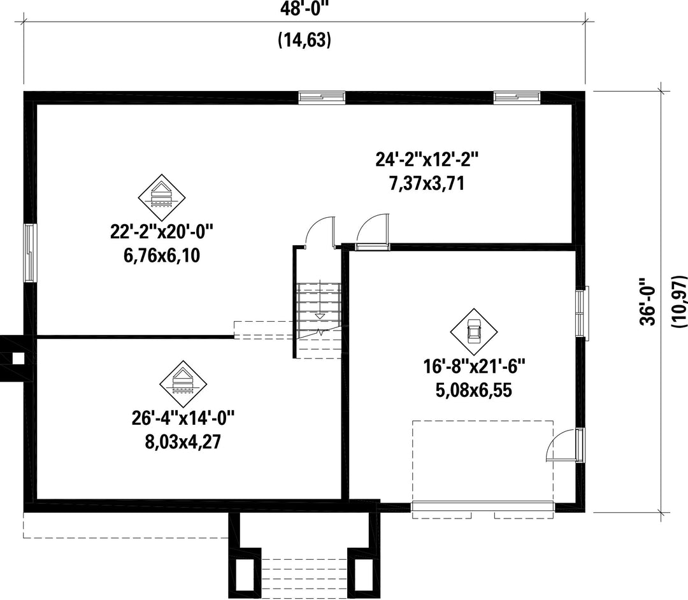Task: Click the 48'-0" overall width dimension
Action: (304, 8)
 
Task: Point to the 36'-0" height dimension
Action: (647, 301)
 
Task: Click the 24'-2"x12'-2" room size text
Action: (426, 159)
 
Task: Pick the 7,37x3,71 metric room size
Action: (426, 183)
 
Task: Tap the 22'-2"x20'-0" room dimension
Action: (161, 232)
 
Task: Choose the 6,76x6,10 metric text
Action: (161, 255)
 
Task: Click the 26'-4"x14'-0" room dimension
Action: (183, 418)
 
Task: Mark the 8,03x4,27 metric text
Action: (183, 441)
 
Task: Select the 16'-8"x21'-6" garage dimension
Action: (474, 366)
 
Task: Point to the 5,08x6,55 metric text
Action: (474, 390)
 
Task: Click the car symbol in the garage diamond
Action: (474, 332)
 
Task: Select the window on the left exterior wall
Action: (29, 253)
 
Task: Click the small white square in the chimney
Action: (18, 359)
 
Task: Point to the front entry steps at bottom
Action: (305, 575)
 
